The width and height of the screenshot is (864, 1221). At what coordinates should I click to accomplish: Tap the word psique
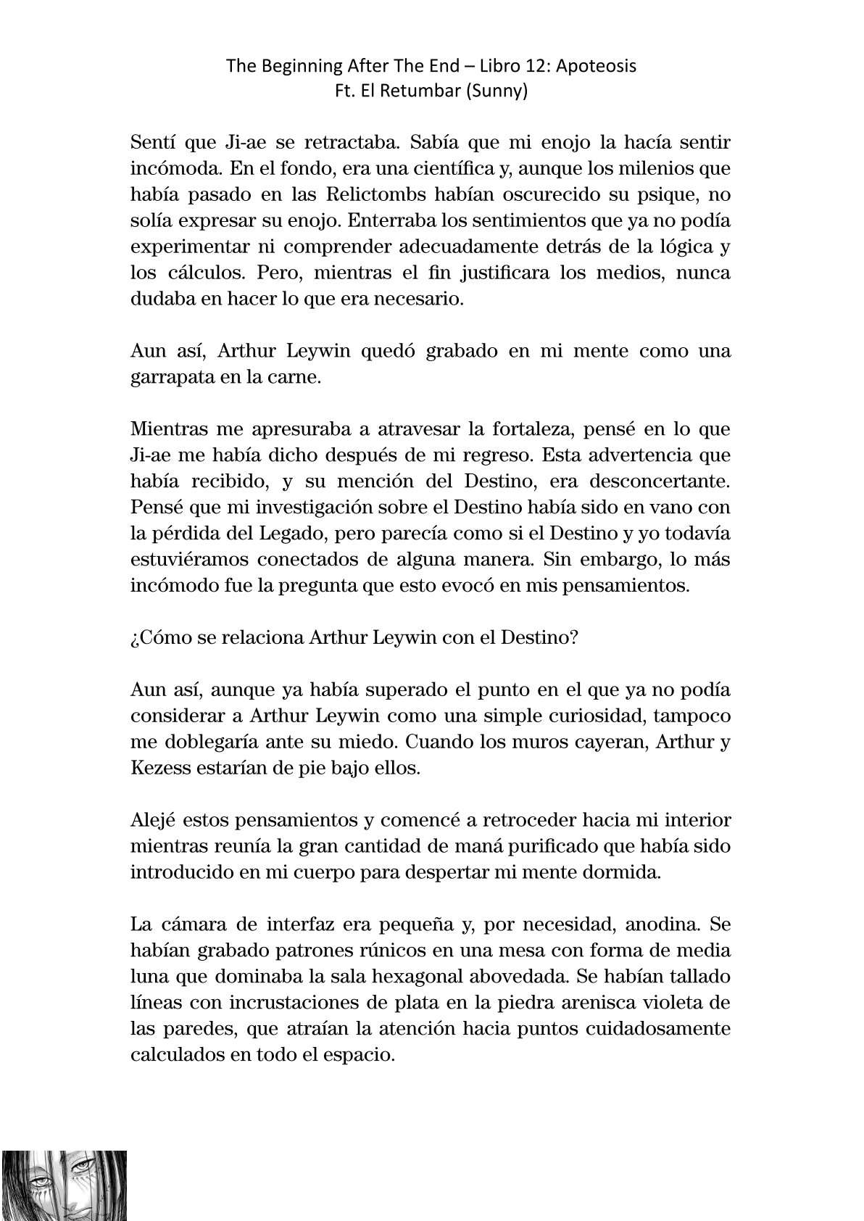[x=649, y=195]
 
